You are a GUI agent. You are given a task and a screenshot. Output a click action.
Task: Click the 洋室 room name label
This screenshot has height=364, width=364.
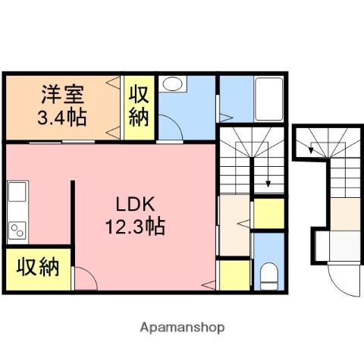[63, 95]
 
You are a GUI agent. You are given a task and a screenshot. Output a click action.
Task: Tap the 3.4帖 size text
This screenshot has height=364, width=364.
[62, 118]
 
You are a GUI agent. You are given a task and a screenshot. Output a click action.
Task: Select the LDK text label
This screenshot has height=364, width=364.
[135, 204]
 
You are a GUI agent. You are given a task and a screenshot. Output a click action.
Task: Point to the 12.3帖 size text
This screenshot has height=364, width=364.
[135, 227]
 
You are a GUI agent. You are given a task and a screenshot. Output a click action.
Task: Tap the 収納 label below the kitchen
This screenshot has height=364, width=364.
[38, 267]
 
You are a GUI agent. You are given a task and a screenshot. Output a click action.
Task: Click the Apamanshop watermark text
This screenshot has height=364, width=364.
[182, 328]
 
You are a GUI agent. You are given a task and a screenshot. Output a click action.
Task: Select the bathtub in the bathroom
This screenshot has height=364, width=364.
[268, 99]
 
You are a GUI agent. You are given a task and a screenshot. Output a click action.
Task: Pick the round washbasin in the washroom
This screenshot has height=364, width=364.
[173, 84]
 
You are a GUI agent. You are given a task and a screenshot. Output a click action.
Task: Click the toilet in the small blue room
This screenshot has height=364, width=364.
[269, 276]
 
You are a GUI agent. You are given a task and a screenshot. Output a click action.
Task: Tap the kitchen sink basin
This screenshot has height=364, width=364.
[17, 192]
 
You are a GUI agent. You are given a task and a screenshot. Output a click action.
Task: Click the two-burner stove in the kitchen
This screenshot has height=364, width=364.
[17, 231]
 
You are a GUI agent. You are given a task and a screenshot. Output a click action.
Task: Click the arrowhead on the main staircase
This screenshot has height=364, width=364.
[268, 184]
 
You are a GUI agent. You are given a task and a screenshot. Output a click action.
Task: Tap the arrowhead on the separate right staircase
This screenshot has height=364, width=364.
[311, 150]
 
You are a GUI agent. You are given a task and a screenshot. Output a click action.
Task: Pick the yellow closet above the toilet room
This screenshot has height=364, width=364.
[269, 214]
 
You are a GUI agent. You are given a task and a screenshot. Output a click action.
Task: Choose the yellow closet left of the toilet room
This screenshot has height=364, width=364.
[234, 275]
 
